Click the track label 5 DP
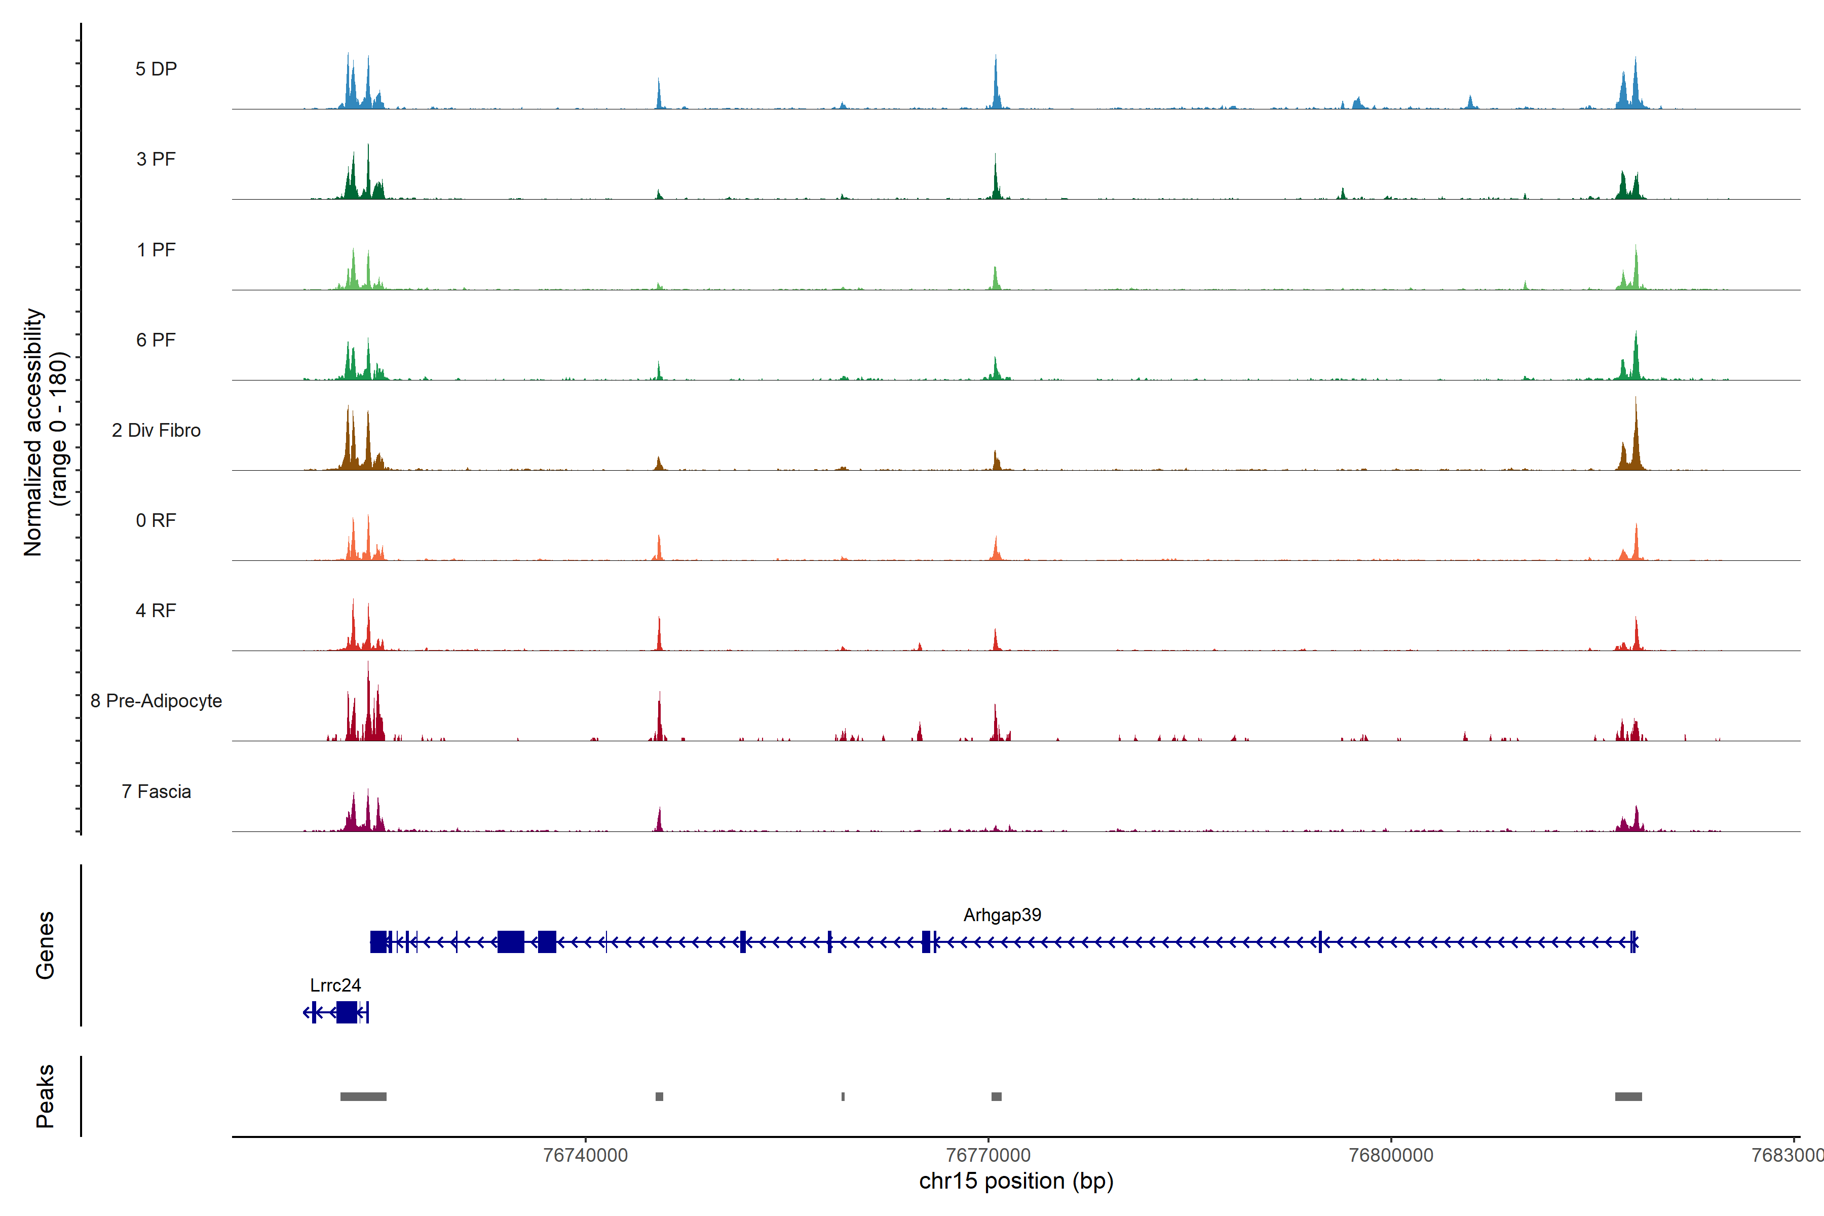point(156,69)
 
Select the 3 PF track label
point(156,159)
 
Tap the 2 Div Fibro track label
point(156,430)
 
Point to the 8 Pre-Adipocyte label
point(156,701)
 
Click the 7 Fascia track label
point(156,792)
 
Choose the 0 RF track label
point(156,520)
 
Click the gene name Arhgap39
point(1002,915)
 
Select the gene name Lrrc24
point(335,985)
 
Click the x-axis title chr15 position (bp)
point(1016,1181)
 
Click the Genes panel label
point(45,945)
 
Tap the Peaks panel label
point(45,1096)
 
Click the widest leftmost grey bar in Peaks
point(363,1096)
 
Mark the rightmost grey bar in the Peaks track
point(1628,1096)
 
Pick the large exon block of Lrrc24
point(347,1012)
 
